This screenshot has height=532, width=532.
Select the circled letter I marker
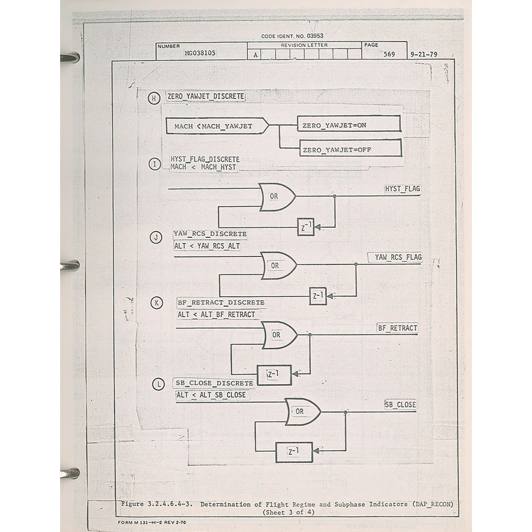pos(154,164)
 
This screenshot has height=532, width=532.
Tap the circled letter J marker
pos(156,238)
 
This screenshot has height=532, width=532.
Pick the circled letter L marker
pos(158,384)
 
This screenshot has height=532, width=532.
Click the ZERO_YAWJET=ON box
pos(348,124)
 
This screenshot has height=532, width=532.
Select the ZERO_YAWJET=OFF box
pos(350,149)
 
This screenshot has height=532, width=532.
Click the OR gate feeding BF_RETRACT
pos(279,335)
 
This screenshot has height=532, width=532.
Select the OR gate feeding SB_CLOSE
pos(302,412)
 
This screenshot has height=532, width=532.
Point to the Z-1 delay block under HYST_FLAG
pos(306,228)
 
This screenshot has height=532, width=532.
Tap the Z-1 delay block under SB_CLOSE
pos(294,452)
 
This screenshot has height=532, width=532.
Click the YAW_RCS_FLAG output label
pos(398,257)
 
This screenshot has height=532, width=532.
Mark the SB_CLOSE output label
pos(401,405)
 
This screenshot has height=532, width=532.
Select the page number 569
pos(389,54)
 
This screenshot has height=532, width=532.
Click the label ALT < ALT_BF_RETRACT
pos(217,314)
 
